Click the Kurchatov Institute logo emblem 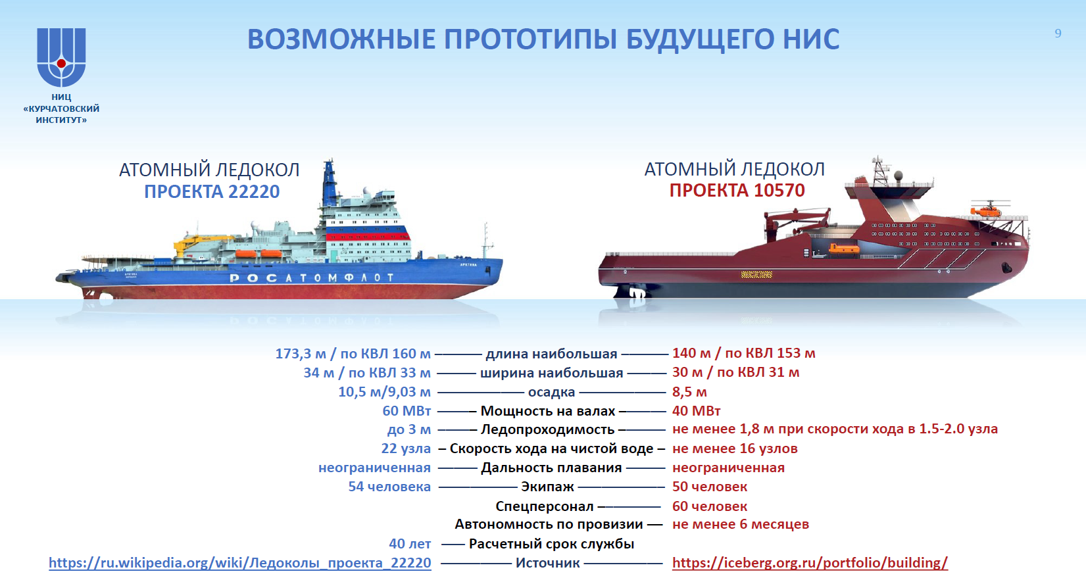tap(62, 57)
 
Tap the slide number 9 tap(1058, 33)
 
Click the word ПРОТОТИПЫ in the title tap(530, 39)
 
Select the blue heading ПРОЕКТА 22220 tap(212, 192)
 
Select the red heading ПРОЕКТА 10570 tap(737, 191)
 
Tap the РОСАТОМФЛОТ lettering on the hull tap(312, 278)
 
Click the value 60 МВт tap(407, 411)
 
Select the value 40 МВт tap(696, 411)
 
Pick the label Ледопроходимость tap(547, 430)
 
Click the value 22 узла tap(406, 449)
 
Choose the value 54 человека tap(389, 487)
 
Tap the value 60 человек tap(709, 506)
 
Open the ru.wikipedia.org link tap(240, 563)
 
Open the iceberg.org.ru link tap(810, 563)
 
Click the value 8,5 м tap(689, 392)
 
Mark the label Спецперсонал tap(545, 507)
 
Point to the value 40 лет tap(410, 545)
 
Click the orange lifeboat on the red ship tap(843, 249)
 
